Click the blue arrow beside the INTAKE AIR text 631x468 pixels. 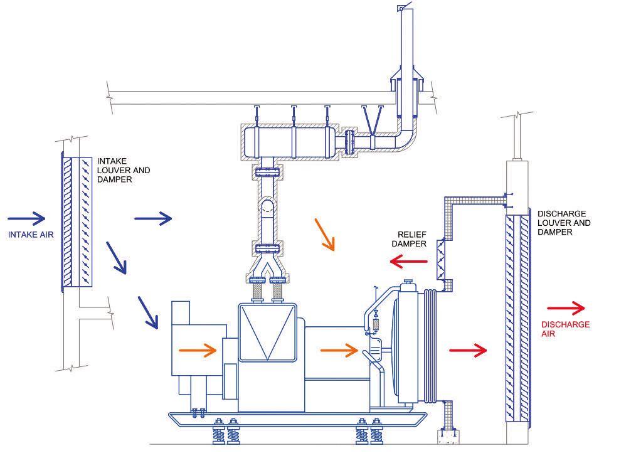(x=27, y=219)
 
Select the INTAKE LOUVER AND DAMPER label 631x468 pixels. (x=124, y=170)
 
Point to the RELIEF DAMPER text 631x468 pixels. (x=409, y=239)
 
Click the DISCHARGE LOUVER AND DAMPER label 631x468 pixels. (x=564, y=223)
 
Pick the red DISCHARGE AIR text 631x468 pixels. (x=565, y=329)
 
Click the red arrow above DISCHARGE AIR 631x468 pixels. (x=566, y=308)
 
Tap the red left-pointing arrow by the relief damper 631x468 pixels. (x=408, y=260)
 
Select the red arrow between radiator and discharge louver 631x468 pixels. (x=468, y=349)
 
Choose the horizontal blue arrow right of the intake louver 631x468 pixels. (x=153, y=218)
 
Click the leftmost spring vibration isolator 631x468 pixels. (x=218, y=432)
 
